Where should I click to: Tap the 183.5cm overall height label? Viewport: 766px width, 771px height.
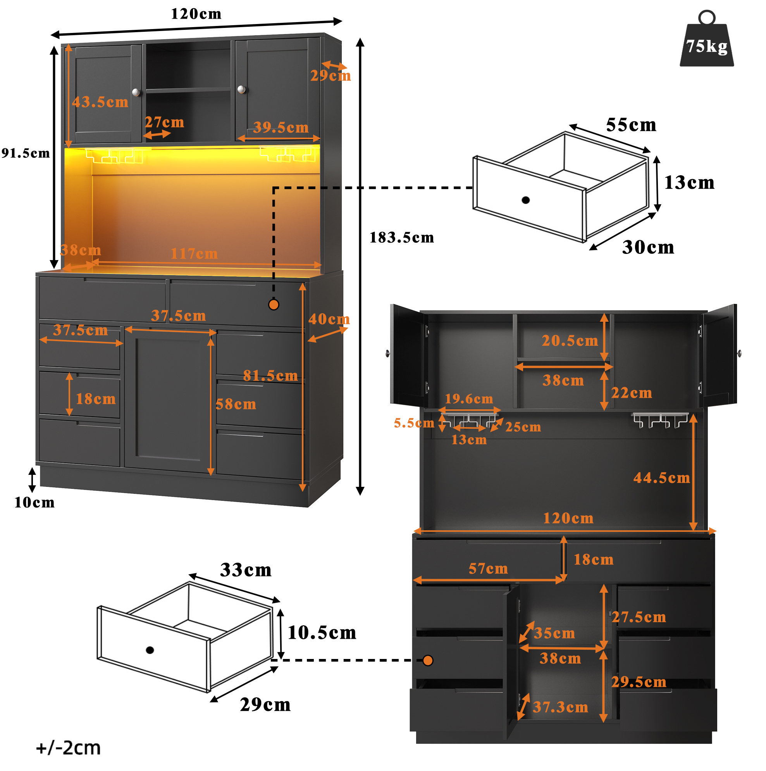pyautogui.click(x=401, y=238)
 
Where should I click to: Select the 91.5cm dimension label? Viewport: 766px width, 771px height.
pyautogui.click(x=26, y=153)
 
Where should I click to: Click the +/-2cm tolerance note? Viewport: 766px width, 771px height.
pyautogui.click(x=68, y=748)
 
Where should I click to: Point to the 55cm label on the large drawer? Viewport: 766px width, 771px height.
pyautogui.click(x=631, y=125)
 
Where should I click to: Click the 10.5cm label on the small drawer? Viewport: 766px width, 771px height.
pyautogui.click(x=322, y=633)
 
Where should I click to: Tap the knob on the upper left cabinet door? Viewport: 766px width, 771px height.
pyautogui.click(x=136, y=92)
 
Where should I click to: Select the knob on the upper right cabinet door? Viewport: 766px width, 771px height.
pyautogui.click(x=241, y=90)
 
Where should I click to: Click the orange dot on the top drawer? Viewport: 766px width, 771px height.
pyautogui.click(x=274, y=305)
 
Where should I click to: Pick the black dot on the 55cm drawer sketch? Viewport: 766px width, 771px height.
pyautogui.click(x=525, y=200)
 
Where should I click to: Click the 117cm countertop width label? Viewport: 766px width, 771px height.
pyautogui.click(x=194, y=254)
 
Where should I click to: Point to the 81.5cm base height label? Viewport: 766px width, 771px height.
pyautogui.click(x=270, y=376)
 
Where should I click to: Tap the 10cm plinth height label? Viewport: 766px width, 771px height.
pyautogui.click(x=35, y=502)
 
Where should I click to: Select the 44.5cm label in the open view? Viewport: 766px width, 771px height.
pyautogui.click(x=661, y=478)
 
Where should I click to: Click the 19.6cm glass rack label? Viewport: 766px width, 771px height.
pyautogui.click(x=469, y=398)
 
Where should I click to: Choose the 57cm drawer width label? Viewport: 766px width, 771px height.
pyautogui.click(x=488, y=568)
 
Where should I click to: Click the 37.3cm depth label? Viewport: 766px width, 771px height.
pyautogui.click(x=560, y=707)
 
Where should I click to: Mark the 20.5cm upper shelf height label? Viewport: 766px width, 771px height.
pyautogui.click(x=570, y=340)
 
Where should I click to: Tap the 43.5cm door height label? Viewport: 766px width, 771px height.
pyautogui.click(x=100, y=102)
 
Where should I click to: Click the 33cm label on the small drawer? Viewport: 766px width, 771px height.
pyautogui.click(x=246, y=570)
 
